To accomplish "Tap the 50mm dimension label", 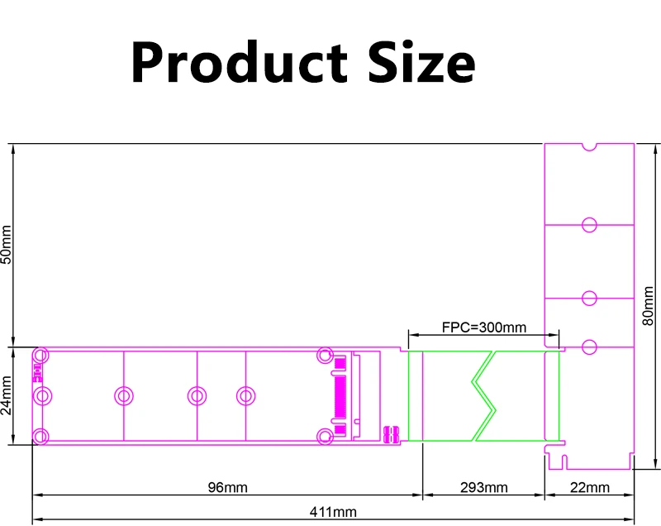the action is pos(7,244).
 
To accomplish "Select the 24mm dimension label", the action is pos(7,395).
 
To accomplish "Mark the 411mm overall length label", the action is pos(333,512).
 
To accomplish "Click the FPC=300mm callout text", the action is pos(484,328).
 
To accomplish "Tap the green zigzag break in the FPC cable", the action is pos(483,395).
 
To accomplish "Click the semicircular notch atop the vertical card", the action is pos(589,147).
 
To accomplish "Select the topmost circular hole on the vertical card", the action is pos(589,224).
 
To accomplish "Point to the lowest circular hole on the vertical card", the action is pos(589,346).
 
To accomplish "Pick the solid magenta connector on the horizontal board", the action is pos(340,395).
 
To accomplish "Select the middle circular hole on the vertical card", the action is pos(589,298).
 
